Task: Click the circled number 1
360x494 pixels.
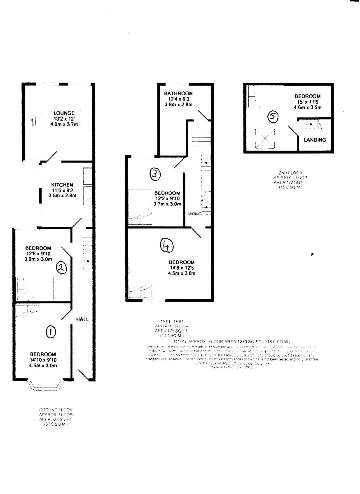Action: [50, 332]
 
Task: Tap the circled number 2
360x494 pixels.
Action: [61, 268]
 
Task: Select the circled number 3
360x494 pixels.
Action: [154, 175]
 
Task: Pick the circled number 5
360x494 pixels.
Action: [273, 117]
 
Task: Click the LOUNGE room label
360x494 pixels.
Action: [64, 113]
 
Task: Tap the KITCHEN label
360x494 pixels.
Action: [62, 185]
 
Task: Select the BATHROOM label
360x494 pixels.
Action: [178, 93]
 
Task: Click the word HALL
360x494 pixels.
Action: [82, 319]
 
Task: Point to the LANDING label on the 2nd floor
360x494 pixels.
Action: [315, 140]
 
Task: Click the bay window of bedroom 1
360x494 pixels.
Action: [46, 386]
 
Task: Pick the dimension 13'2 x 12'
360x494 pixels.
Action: [63, 119]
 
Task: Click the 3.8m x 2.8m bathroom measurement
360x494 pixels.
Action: [178, 105]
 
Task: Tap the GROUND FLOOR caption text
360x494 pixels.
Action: [56, 410]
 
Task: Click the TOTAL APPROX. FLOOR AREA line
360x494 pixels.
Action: [232, 342]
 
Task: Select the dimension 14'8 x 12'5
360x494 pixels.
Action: [181, 268]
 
